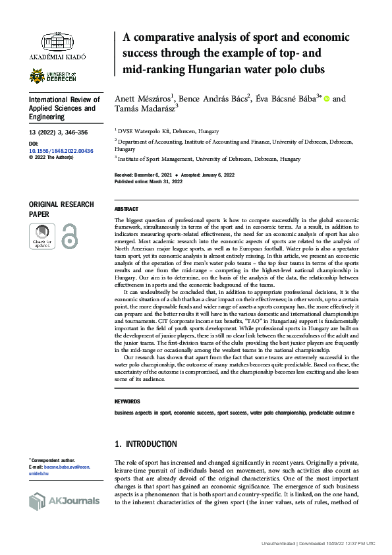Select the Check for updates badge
pyautogui.click(x=42, y=236)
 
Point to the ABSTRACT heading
pyautogui.click(x=126, y=209)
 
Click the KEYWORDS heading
pyautogui.click(x=127, y=401)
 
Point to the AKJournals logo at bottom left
pyautogui.click(x=64, y=501)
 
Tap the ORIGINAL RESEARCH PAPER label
pyautogui.click(x=61, y=209)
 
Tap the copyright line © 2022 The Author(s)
pyautogui.click(x=52, y=158)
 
